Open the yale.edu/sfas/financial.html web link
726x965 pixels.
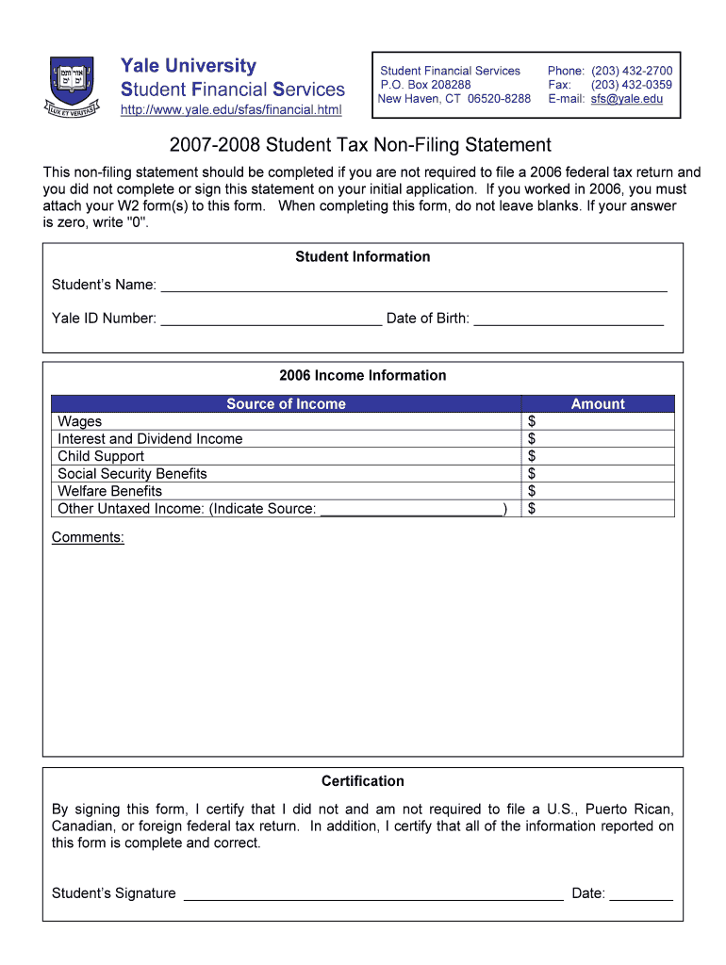tap(231, 111)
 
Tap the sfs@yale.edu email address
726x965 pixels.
tap(627, 99)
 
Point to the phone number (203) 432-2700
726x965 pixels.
tap(632, 71)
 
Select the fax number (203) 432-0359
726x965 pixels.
tap(632, 85)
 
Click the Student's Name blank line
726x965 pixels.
tap(414, 285)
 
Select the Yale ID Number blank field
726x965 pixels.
tap(272, 318)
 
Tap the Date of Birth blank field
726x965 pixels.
tap(569, 318)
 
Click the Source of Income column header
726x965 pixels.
tap(286, 404)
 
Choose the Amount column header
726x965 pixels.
tap(598, 404)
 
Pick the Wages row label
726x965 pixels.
tap(80, 421)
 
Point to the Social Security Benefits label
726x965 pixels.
tap(132, 474)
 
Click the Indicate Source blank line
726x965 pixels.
tap(412, 509)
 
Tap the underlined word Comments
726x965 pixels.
tap(88, 537)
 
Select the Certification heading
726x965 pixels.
tap(363, 781)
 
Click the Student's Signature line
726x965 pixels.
tap(373, 893)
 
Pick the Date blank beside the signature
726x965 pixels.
tap(641, 893)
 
